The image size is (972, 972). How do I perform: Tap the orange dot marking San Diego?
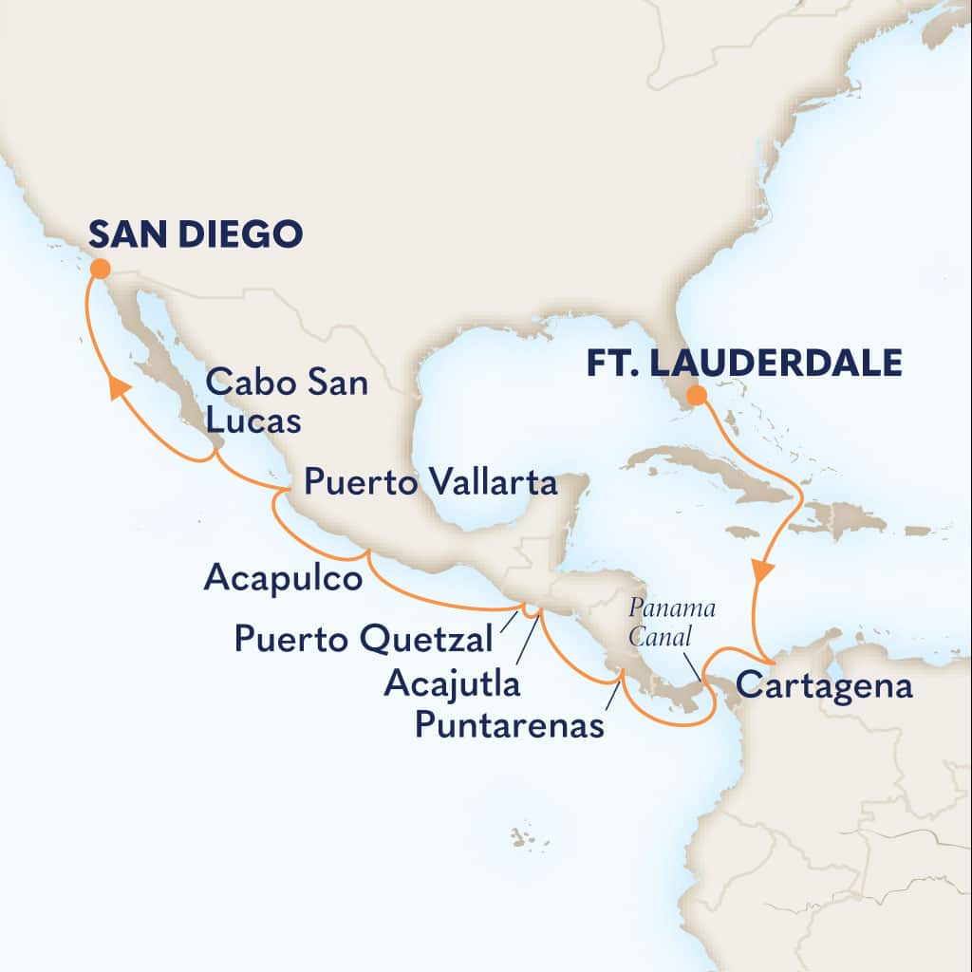pyautogui.click(x=99, y=270)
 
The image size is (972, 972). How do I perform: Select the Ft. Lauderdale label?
pyautogui.click(x=743, y=363)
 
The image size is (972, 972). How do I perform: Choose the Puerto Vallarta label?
pyautogui.click(x=429, y=484)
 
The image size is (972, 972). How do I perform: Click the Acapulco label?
pyautogui.click(x=283, y=578)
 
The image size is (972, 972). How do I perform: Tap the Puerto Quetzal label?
pyautogui.click(x=364, y=639)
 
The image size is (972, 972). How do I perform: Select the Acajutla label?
pyautogui.click(x=453, y=682)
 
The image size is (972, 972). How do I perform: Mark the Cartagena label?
pyautogui.click(x=824, y=686)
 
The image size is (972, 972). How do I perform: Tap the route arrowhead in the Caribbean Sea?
pyautogui.click(x=762, y=570)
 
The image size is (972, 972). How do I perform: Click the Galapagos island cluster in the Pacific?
pyautogui.click(x=523, y=837)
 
